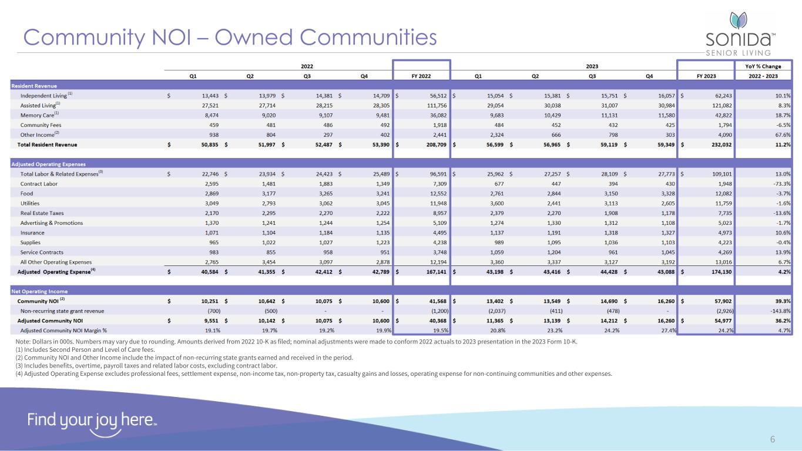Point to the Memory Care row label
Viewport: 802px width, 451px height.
click(x=39, y=115)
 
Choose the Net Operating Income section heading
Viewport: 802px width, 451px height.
click(x=39, y=291)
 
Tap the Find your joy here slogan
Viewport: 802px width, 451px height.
click(x=92, y=420)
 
